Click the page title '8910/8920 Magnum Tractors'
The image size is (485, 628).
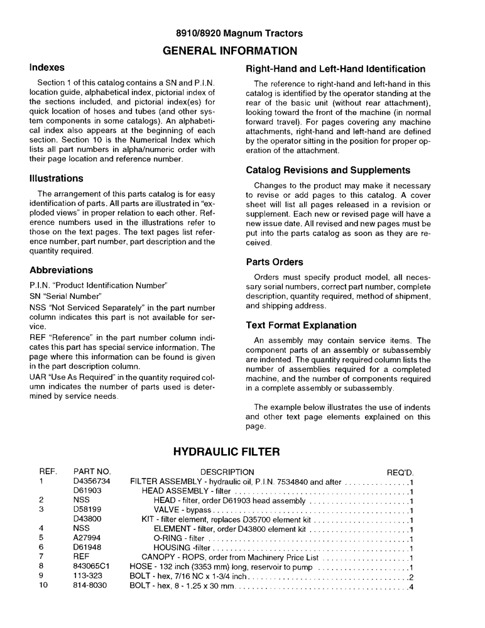point(242,33)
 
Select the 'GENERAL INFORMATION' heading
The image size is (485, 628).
point(242,50)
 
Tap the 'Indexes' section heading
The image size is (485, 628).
point(47,67)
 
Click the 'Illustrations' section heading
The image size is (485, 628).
point(57,178)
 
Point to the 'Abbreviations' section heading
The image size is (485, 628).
point(62,270)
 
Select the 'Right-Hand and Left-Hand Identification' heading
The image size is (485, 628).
point(335,69)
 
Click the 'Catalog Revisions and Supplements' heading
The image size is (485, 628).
point(328,170)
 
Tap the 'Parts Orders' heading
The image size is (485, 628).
point(275,262)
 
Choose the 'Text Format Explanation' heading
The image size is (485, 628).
point(301,325)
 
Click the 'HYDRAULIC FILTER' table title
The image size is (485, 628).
point(226,452)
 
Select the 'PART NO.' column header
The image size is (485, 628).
point(92,472)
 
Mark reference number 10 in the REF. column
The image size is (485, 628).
point(43,585)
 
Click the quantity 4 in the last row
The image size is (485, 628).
point(410,587)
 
